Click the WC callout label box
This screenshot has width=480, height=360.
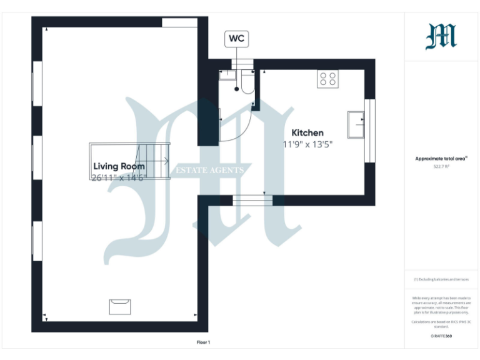point(236,39)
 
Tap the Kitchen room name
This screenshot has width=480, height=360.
point(307,132)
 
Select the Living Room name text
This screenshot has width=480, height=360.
point(119,166)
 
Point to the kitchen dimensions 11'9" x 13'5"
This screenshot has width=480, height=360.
point(307,144)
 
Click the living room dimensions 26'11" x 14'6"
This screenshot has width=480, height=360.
point(118,177)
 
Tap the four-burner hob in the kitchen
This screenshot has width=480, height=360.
point(327,79)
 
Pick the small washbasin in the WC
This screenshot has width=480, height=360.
point(226,75)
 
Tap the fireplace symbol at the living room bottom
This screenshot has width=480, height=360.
point(119,306)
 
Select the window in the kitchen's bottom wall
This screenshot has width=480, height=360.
point(252,201)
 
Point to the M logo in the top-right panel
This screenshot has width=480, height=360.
point(441,36)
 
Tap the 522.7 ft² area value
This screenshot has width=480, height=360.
point(441,167)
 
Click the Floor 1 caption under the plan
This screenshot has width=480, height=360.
point(204,342)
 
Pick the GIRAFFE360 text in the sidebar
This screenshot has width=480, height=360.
point(441,336)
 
